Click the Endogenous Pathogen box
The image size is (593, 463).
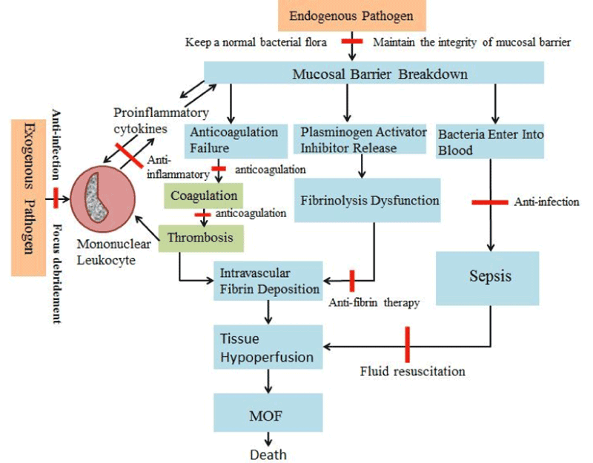click(351, 16)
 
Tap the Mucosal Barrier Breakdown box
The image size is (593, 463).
click(374, 73)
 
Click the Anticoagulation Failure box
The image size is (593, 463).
click(234, 139)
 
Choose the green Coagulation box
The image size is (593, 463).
click(203, 196)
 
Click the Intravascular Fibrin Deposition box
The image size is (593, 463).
click(269, 282)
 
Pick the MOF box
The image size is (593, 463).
click(268, 413)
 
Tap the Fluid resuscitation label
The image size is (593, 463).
click(412, 370)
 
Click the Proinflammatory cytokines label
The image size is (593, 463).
click(145, 119)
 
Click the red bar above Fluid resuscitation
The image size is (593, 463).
click(407, 344)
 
